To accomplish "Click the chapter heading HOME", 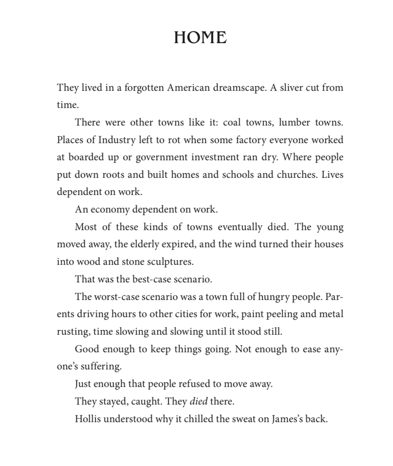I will pyautogui.click(x=200, y=38).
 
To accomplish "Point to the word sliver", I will pyautogui.click(x=293, y=88).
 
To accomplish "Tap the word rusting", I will pyautogui.click(x=72, y=332).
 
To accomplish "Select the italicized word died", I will pyautogui.click(x=198, y=401).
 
